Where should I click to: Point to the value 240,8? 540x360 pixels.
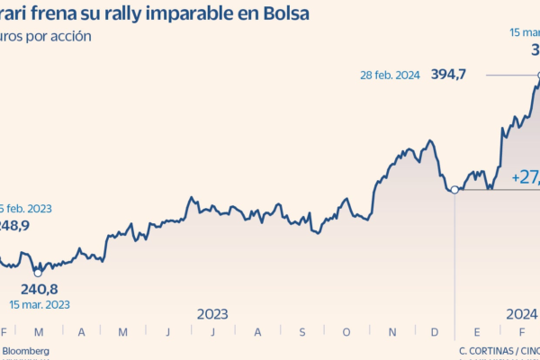click(40, 289)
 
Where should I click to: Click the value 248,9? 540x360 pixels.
click(14, 226)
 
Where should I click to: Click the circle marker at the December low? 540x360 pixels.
click(454, 189)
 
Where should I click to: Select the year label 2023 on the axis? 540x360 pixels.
click(212, 314)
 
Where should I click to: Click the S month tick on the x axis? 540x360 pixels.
click(301, 333)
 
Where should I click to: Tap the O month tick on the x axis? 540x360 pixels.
click(346, 333)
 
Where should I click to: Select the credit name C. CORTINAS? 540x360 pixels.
click(486, 350)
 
